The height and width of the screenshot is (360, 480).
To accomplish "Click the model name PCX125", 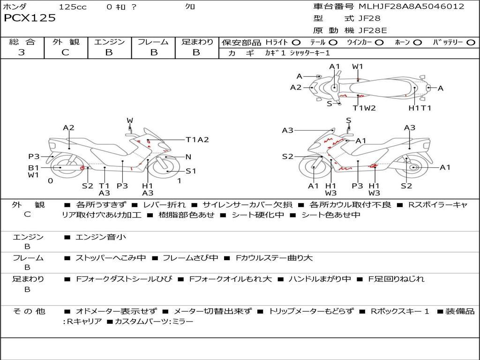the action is tap(30, 18).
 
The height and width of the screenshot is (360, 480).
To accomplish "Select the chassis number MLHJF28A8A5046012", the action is tap(411, 7).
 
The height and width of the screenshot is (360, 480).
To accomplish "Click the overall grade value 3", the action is tap(22, 52).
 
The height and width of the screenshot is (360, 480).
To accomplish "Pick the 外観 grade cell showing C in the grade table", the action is tap(65, 52).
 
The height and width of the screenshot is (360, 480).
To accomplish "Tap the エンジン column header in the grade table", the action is tap(109, 42).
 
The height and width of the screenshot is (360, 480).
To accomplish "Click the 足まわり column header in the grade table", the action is tap(197, 42).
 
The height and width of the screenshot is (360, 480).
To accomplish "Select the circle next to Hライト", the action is tap(296, 42).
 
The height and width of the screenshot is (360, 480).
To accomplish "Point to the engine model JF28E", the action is tap(373, 31).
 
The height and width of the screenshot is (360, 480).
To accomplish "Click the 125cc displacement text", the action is tap(73, 7).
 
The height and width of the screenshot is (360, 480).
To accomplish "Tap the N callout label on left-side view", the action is tap(188, 157).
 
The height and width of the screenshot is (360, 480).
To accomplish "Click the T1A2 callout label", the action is tap(197, 140).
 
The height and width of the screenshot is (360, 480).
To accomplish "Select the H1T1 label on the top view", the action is tap(420, 108).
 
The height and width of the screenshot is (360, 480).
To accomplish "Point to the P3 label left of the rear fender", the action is tap(34, 157).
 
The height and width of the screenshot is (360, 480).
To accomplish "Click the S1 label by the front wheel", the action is tap(191, 171).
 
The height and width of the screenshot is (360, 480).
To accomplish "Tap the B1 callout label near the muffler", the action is tap(33, 167).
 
